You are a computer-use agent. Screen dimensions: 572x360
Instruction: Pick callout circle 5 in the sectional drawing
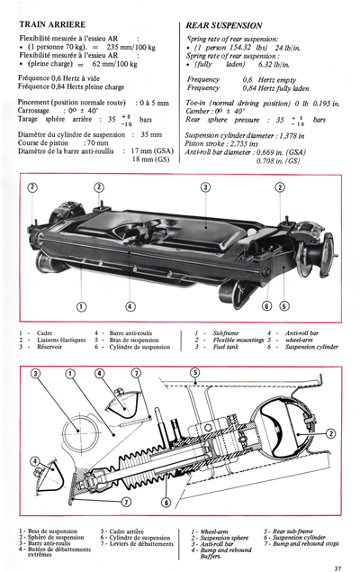(195, 372)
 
